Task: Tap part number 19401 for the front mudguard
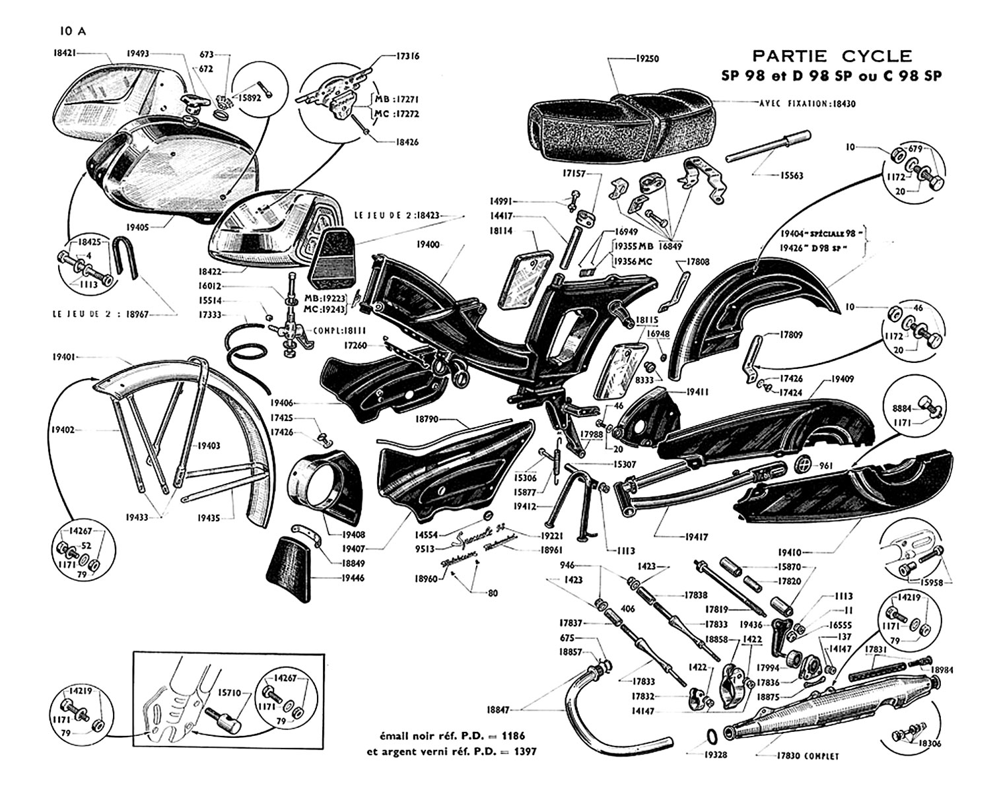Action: pos(64,356)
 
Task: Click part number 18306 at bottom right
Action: pos(931,743)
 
